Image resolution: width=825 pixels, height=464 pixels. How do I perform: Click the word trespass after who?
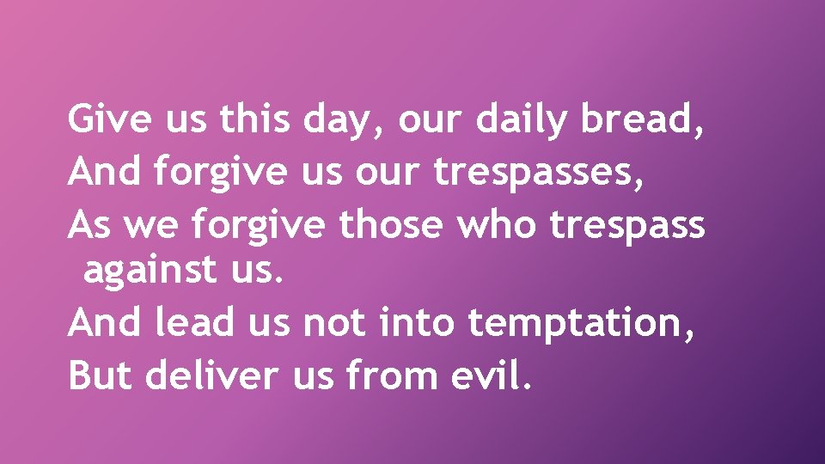coord(627,228)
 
